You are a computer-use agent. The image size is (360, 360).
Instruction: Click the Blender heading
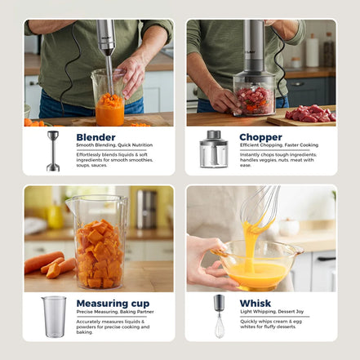(96, 137)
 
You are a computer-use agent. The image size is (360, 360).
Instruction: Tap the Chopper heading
(260, 137)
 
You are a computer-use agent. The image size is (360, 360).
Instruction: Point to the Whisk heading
(256, 304)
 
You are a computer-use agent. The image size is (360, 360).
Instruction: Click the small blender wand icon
(53, 150)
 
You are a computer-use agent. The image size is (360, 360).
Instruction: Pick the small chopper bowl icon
(214, 150)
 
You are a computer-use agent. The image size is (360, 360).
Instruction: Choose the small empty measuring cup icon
(54, 316)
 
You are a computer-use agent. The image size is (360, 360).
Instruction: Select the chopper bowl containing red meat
(254, 96)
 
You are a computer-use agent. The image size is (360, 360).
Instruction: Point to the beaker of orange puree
(109, 102)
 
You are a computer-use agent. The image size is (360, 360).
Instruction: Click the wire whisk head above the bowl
(260, 204)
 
